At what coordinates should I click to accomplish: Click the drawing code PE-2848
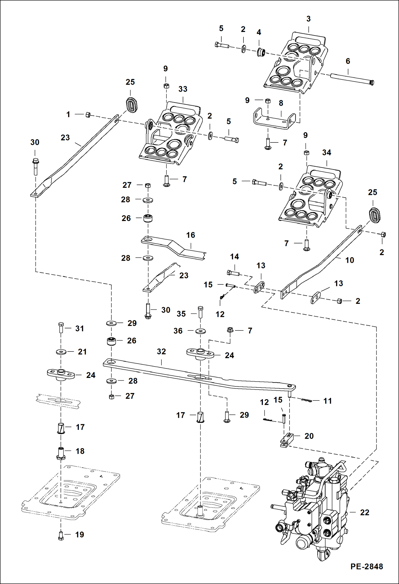pyautogui.click(x=367, y=567)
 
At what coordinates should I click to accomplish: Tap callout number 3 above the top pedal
pyautogui.click(x=308, y=19)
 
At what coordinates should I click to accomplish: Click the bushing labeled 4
pyautogui.click(x=260, y=52)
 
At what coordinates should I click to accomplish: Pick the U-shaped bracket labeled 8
pyautogui.click(x=274, y=119)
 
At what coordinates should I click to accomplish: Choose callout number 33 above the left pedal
pyautogui.click(x=183, y=89)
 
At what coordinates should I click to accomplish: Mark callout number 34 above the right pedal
pyautogui.click(x=327, y=153)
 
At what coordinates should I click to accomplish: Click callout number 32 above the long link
pyautogui.click(x=161, y=352)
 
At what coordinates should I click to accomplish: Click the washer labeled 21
pyautogui.click(x=61, y=352)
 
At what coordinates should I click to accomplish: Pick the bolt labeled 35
pyautogui.click(x=201, y=312)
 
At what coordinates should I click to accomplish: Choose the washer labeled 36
pyautogui.click(x=200, y=331)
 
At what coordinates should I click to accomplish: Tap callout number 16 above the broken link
pyautogui.click(x=190, y=235)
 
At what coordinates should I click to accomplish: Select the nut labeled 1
pyautogui.click(x=88, y=115)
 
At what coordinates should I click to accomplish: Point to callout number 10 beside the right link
pyautogui.click(x=349, y=260)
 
